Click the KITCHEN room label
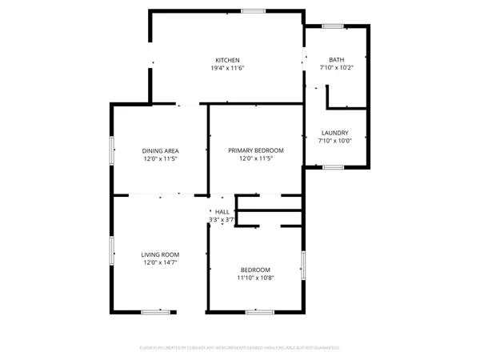point(227,60)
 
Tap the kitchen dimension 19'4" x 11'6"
point(227,69)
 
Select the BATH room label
point(336,60)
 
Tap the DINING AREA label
point(160,151)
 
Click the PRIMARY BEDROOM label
point(256,150)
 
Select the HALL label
point(222,211)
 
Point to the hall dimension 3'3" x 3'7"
point(222,219)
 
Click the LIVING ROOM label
point(160,254)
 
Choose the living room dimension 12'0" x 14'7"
point(160,263)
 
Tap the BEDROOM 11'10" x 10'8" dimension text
point(255,278)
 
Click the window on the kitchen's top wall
point(254,10)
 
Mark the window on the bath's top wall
point(334,26)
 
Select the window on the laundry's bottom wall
point(333,166)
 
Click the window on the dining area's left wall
point(111,150)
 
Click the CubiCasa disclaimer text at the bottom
point(240,348)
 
